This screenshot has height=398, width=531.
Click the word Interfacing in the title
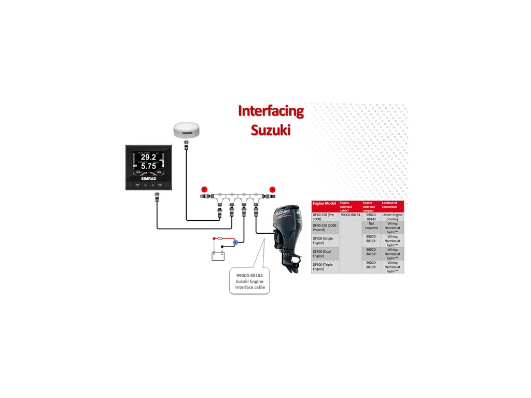[x=271, y=110]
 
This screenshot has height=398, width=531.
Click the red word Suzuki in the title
[x=271, y=129]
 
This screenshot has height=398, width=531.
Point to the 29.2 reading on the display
[x=148, y=157]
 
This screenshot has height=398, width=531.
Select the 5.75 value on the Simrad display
[x=148, y=166]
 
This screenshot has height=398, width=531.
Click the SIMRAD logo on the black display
[x=149, y=178]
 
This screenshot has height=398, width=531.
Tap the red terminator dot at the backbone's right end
[x=272, y=189]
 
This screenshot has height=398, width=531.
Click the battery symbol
[x=217, y=254]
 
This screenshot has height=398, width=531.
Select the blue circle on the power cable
[x=235, y=242]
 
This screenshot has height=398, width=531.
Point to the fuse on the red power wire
[x=221, y=239]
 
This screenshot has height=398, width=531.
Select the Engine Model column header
[x=324, y=203]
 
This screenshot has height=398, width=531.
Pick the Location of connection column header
[x=392, y=205]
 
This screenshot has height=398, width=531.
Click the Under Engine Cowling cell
[x=392, y=217]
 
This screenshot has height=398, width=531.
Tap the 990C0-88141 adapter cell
[x=371, y=217]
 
